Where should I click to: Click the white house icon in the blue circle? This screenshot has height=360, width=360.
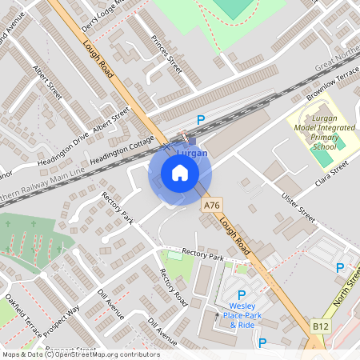coord(180,173)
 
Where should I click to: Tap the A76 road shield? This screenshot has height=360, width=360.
coord(211,206)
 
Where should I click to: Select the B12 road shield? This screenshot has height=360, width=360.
coord(321,326)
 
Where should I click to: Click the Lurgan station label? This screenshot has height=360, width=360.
coord(192,153)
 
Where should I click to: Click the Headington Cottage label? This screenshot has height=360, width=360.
coord(122,150)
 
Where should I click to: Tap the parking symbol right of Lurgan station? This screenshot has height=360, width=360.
coord(201,120)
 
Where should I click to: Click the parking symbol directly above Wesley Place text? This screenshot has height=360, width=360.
coord(242,294)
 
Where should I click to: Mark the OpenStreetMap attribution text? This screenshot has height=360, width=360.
coord(80,354)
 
